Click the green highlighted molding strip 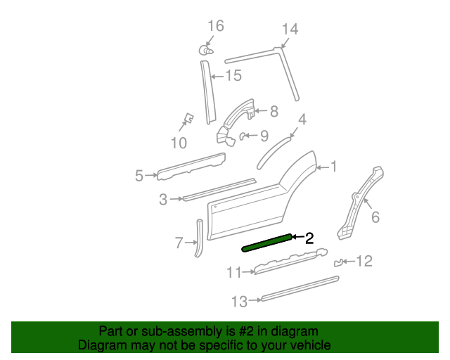tap(267, 243)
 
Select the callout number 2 tap(309, 238)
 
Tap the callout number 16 tap(215, 26)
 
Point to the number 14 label tap(290, 29)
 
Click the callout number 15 tap(233, 75)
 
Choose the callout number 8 tap(274, 110)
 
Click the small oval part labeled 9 tap(244, 135)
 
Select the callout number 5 tap(139, 175)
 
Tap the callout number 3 tap(163, 200)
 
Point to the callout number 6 tap(375, 217)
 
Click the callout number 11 tap(234, 272)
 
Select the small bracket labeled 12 tap(338, 262)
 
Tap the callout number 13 tap(239, 302)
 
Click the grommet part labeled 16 tap(204, 50)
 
